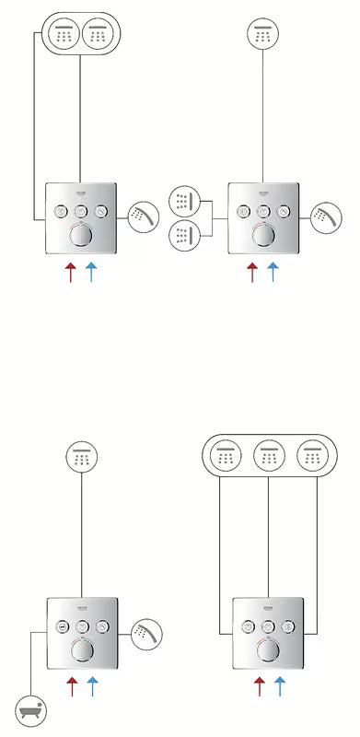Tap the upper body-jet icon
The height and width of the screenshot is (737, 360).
pyautogui.click(x=185, y=200)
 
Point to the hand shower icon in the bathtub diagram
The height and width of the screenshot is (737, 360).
pyautogui.click(x=147, y=634)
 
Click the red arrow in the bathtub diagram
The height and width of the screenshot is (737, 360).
pyautogui.click(x=73, y=687)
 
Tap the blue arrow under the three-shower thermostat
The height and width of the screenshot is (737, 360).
pyautogui.click(x=278, y=685)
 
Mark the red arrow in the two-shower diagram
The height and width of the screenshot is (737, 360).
pyautogui.click(x=70, y=273)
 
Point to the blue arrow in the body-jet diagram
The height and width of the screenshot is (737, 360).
pyautogui.click(x=273, y=273)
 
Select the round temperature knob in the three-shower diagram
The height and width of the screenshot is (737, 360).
pyautogui.click(x=267, y=650)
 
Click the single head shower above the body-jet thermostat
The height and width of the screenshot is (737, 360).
pyautogui.click(x=264, y=35)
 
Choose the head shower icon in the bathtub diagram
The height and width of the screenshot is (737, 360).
pyautogui.click(x=82, y=457)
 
